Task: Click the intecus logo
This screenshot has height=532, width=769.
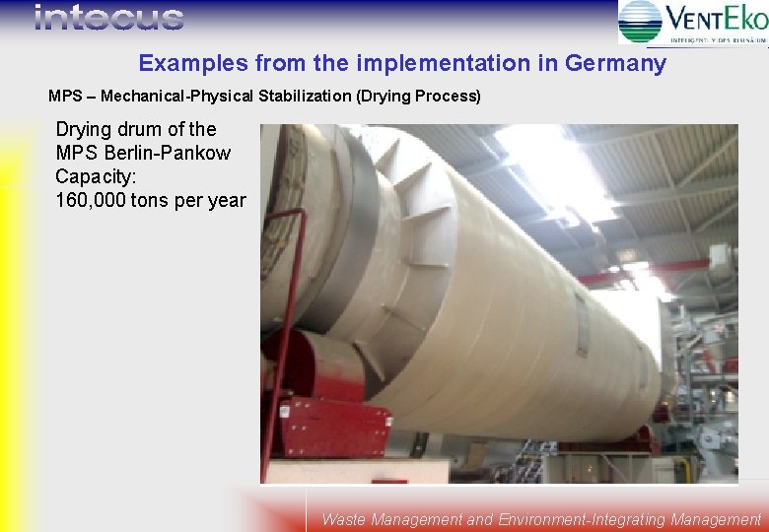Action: pyautogui.click(x=108, y=17)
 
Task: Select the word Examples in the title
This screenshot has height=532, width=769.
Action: pyautogui.click(x=192, y=64)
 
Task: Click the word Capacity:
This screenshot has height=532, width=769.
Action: pyautogui.click(x=95, y=176)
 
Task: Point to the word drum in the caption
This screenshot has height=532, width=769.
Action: pyautogui.click(x=137, y=129)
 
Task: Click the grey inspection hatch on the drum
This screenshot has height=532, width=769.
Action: pyautogui.click(x=582, y=324)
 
